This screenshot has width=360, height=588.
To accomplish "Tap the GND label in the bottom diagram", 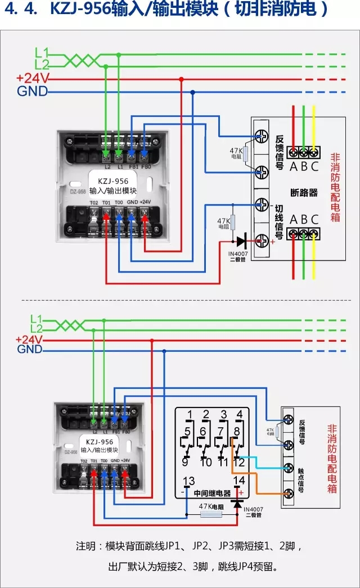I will (29, 350).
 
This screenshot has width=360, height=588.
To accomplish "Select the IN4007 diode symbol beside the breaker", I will (241, 242).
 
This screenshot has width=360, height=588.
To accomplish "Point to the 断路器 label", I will (304, 192).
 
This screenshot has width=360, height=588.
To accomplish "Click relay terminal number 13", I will (189, 481).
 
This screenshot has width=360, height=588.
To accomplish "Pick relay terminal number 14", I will (239, 481).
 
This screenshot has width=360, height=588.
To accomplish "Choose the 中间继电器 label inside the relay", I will (212, 494).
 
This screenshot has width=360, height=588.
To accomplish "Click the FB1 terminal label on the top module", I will (134, 166).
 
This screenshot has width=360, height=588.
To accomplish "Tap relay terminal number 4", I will (240, 415).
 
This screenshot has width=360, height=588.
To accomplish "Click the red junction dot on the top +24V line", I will (181, 79).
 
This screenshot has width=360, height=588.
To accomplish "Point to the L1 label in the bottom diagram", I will (37, 319).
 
